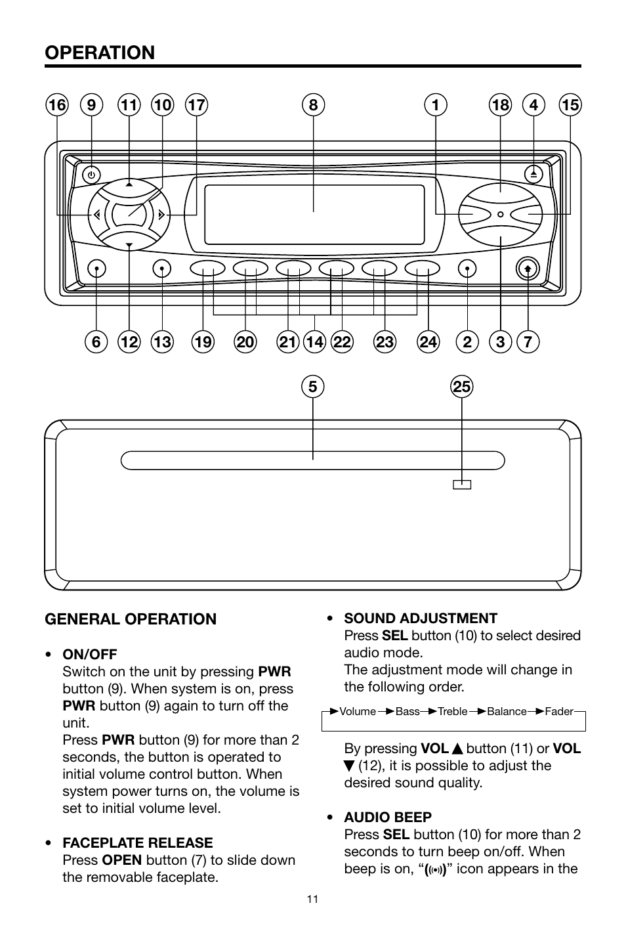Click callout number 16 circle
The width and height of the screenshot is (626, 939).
(57, 105)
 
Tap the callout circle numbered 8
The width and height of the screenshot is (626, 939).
(314, 105)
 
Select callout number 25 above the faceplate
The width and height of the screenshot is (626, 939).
(462, 387)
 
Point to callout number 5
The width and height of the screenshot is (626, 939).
(314, 387)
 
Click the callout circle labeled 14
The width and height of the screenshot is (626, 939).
(314, 341)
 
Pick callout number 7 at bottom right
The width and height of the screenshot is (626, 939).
(528, 341)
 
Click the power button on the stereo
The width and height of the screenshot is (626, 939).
(92, 175)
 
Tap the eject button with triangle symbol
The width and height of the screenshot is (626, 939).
(533, 174)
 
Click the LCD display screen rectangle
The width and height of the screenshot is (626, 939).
(314, 214)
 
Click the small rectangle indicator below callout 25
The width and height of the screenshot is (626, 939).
(462, 485)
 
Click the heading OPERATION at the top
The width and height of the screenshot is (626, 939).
(100, 53)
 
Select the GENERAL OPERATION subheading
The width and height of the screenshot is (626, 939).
(130, 619)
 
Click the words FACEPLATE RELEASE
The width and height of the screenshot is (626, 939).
(138, 842)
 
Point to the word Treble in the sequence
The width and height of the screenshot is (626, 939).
(453, 711)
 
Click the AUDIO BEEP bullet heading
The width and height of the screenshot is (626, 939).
(388, 817)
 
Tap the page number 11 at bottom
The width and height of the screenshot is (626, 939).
(312, 899)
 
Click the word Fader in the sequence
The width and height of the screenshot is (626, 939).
(559, 711)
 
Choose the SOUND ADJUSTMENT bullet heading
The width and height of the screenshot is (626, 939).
(421, 618)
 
